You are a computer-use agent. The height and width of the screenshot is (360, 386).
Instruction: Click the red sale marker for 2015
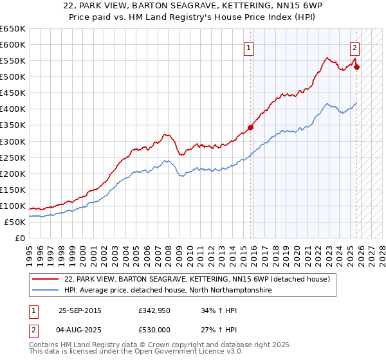click(x=250, y=127)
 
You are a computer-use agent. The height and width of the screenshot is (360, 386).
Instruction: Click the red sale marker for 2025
click(x=357, y=66)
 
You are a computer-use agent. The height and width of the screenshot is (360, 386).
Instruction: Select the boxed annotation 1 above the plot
click(x=248, y=46)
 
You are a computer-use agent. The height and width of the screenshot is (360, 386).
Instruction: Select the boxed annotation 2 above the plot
click(x=354, y=46)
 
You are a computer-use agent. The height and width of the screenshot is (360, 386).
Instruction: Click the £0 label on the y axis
click(x=19, y=238)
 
